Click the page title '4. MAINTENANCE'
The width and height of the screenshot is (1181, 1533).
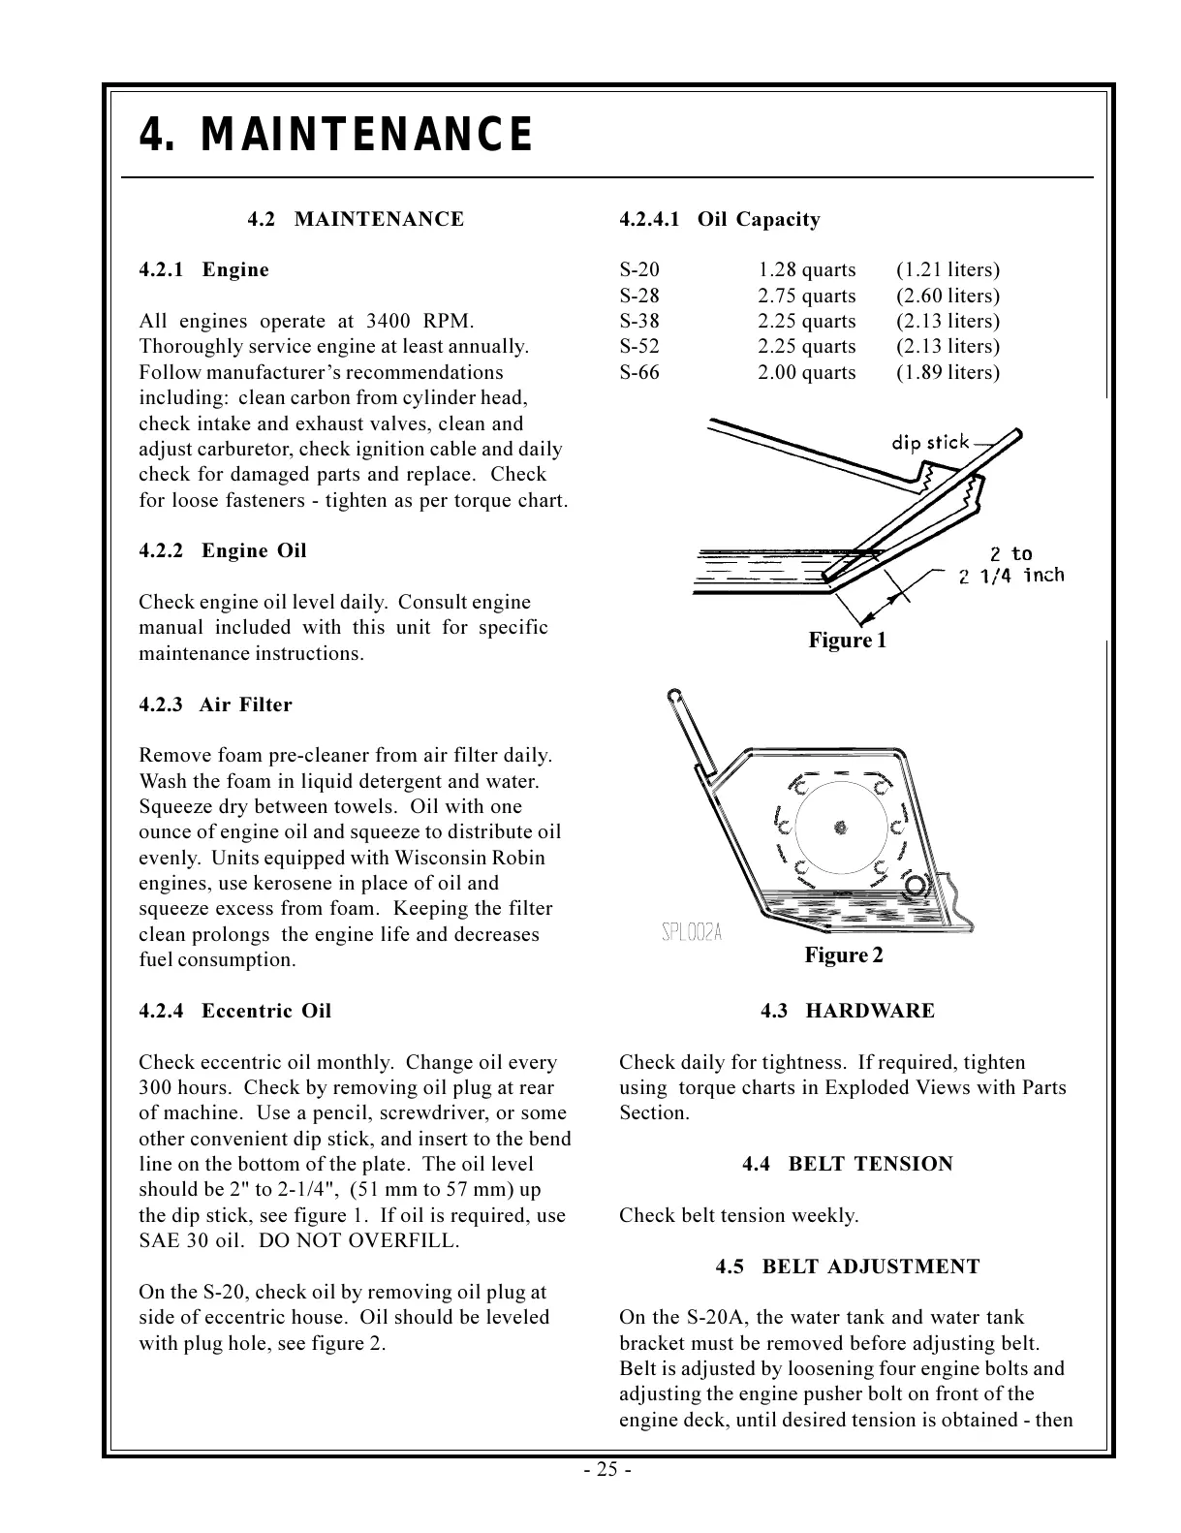336,135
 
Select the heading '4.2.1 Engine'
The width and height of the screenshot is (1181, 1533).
204,270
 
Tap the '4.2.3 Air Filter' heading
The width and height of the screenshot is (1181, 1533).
215,705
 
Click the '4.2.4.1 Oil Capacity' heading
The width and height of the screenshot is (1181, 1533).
719,220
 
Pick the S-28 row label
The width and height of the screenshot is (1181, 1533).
638,297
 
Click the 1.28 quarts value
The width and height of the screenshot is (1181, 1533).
806,270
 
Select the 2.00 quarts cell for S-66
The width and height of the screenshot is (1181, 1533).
806,373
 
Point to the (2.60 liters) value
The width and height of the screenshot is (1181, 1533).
947,297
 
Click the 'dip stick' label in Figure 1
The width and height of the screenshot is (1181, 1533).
930,443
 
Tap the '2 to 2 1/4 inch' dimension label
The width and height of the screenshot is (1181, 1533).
1010,565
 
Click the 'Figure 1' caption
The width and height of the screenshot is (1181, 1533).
847,641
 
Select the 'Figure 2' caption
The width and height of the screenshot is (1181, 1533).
843,955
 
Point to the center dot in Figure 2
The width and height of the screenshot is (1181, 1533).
840,828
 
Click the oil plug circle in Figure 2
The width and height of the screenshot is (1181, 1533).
916,884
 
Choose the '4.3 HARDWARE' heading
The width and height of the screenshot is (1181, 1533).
848,1012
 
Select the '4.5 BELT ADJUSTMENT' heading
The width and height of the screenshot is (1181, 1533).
848,1267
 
